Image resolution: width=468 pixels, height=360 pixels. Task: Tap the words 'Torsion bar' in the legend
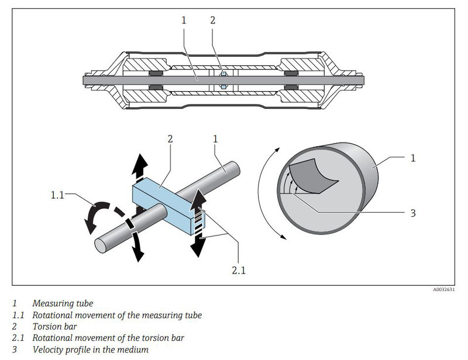point(54,326)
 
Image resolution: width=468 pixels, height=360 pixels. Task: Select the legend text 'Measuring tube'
point(63,303)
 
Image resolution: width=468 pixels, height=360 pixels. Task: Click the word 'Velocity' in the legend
point(49,349)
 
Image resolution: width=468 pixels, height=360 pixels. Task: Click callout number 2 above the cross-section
point(213,20)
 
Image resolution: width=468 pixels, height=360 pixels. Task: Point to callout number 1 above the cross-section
point(184,20)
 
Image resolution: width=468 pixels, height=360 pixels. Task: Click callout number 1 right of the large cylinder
point(414,158)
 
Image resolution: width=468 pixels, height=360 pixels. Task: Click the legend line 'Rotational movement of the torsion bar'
point(108,338)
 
